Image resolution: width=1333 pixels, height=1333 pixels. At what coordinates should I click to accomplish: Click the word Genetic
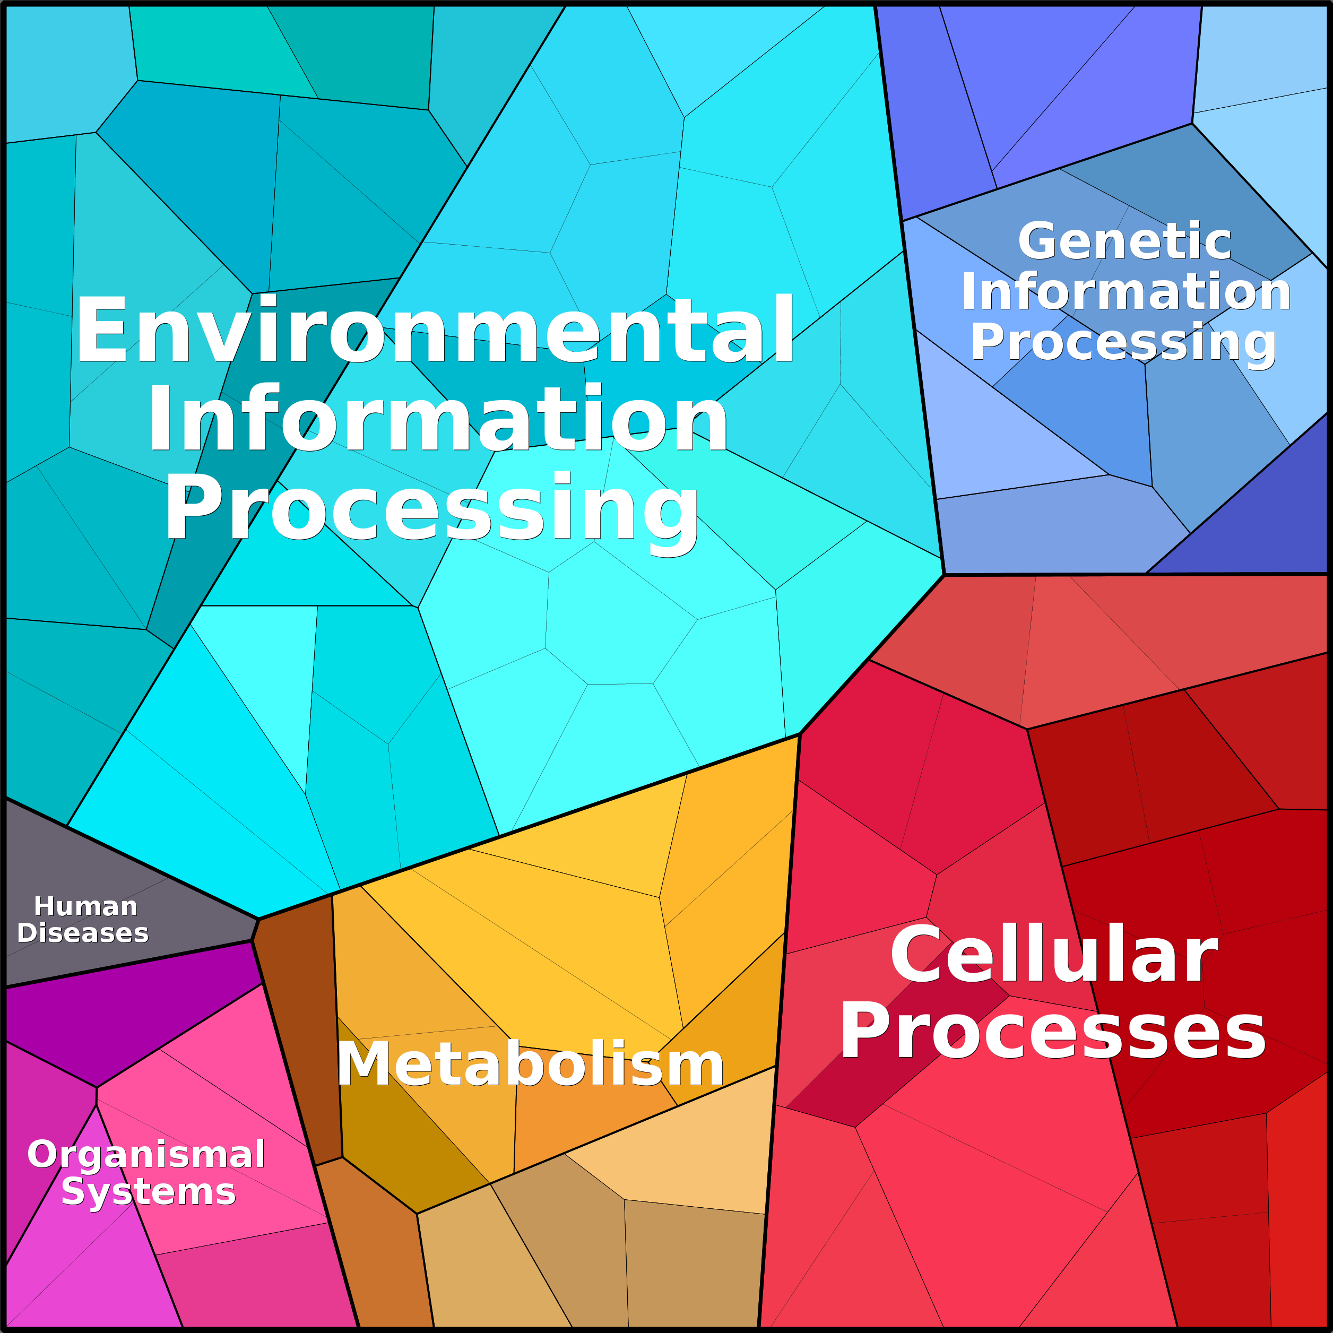(1124, 241)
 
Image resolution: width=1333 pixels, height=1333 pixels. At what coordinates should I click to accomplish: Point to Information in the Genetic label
(1126, 291)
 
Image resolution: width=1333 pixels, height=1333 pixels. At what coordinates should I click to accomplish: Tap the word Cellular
(1053, 954)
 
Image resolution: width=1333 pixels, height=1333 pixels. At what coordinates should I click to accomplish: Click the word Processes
(1053, 1032)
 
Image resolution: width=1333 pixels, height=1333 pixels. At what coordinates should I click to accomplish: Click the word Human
(85, 906)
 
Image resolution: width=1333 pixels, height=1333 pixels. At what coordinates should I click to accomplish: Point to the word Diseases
(83, 933)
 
